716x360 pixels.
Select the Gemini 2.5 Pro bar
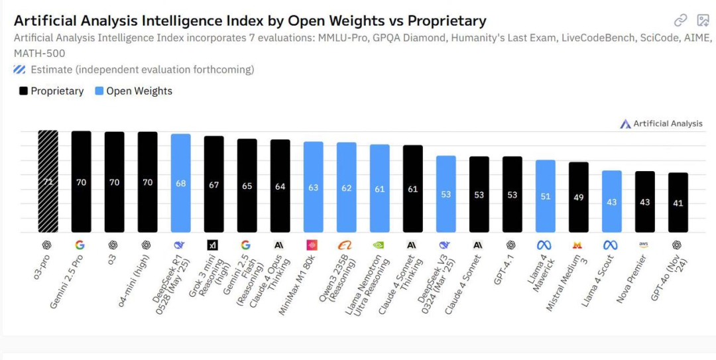81,182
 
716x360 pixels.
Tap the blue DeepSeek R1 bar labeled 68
180,183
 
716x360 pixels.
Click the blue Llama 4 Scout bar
611,202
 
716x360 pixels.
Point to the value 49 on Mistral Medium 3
578,198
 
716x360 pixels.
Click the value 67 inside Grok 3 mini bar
213,185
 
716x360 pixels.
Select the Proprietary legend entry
51,91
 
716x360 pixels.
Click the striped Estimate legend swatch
19,70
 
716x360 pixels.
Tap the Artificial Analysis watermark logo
625,124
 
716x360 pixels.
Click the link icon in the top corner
680,21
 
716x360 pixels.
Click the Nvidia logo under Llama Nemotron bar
379,245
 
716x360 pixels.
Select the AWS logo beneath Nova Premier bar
644,245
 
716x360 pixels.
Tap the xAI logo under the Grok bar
213,245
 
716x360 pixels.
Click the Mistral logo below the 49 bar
577,245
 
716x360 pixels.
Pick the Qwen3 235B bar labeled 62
346,188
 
